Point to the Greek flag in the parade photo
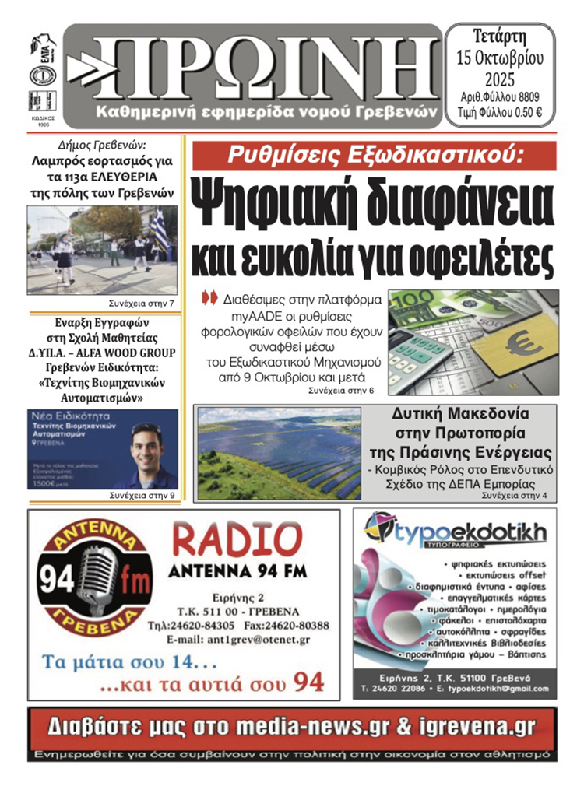coord(159,226)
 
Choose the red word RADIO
coord(237,539)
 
